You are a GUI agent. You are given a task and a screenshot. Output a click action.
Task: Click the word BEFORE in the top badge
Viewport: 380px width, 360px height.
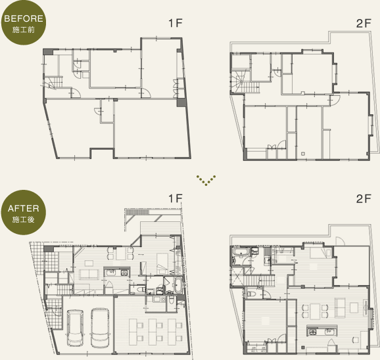(24, 18)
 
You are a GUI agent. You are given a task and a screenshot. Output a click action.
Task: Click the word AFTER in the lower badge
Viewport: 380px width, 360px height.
(23, 208)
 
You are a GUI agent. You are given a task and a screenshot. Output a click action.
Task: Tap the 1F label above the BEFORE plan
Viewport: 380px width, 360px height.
(176, 23)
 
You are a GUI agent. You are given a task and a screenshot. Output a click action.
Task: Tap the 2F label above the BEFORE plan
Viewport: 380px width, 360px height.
(364, 23)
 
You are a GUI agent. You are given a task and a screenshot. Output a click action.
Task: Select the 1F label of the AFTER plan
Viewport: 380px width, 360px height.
(176, 198)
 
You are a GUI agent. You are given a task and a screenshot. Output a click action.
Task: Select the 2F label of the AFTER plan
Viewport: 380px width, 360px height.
(364, 198)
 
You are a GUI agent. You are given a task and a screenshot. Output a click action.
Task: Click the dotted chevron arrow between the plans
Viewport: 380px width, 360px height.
(206, 181)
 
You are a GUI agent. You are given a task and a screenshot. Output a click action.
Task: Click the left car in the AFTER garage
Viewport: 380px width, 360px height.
(76, 328)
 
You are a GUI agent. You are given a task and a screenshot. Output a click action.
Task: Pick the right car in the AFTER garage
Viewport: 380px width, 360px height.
(99, 328)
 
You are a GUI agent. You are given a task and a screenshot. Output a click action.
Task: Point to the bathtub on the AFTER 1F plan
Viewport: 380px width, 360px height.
(178, 285)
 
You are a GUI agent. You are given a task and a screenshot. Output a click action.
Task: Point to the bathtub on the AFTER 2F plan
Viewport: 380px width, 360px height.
(241, 252)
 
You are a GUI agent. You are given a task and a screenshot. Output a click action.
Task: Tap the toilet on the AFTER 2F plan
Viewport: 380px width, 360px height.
(250, 294)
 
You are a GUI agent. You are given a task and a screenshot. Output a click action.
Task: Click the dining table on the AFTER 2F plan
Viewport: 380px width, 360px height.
(315, 311)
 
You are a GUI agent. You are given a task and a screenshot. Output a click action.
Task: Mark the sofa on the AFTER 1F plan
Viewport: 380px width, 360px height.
(89, 275)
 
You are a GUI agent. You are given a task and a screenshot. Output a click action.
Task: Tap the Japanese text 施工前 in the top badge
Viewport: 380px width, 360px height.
(23, 30)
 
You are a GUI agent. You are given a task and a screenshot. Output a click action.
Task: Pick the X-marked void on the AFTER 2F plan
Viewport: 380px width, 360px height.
(237, 276)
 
